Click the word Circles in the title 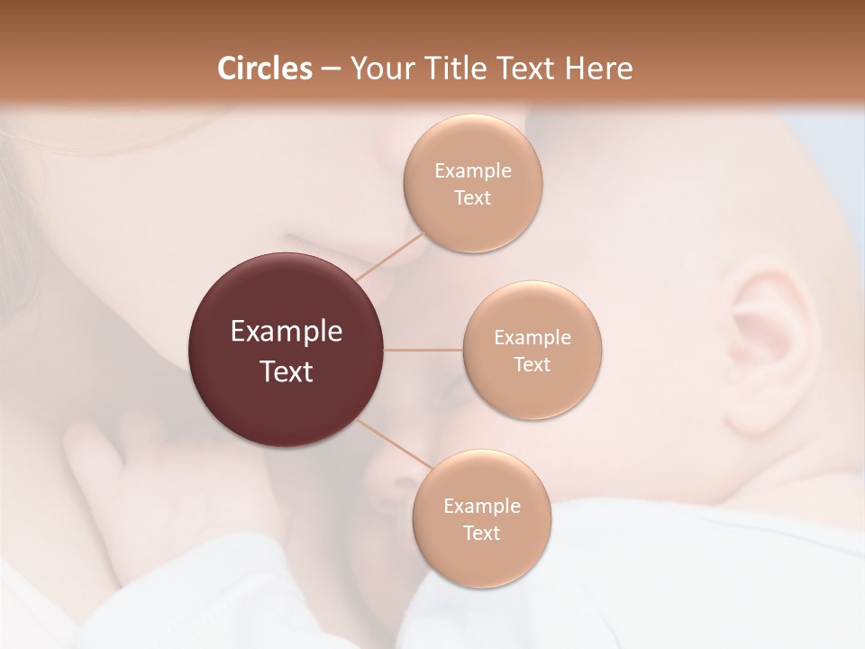click(x=264, y=69)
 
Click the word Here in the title click(x=599, y=69)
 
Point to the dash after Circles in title click(x=331, y=69)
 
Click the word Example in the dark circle click(x=287, y=332)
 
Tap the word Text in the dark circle click(x=287, y=371)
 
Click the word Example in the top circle click(x=473, y=171)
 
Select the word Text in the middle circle click(x=533, y=365)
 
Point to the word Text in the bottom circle click(x=482, y=534)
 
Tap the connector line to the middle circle click(x=423, y=349)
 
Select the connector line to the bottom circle click(x=395, y=443)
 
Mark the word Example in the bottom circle click(x=482, y=507)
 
